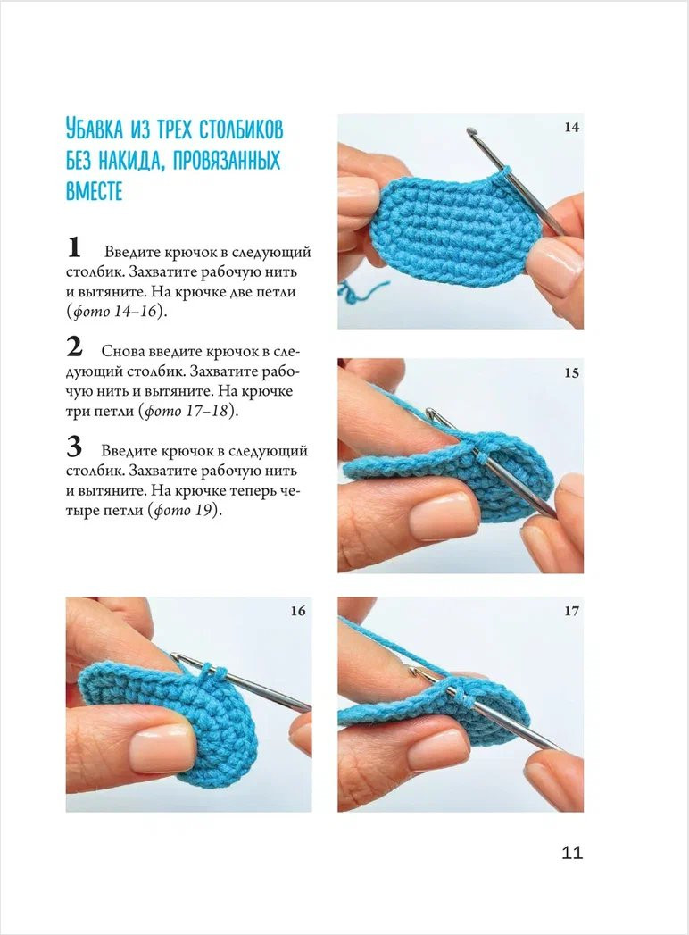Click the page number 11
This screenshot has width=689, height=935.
click(572, 853)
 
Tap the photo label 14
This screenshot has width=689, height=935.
click(571, 128)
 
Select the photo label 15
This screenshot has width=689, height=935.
click(571, 373)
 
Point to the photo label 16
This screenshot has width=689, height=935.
click(298, 611)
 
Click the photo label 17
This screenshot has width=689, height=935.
click(571, 611)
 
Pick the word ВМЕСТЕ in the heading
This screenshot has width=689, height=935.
click(94, 191)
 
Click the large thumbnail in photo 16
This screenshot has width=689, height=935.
click(161, 746)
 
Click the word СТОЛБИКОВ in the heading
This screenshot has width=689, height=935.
click(237, 130)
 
